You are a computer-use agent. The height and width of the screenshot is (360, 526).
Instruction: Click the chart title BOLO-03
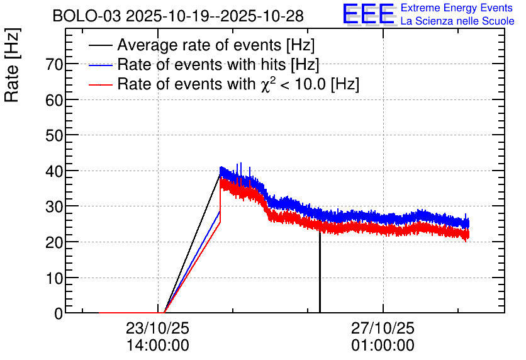point(87,16)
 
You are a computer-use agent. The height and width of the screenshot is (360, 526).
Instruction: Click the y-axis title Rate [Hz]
point(12,65)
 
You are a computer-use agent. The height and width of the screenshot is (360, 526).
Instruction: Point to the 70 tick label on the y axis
point(54,64)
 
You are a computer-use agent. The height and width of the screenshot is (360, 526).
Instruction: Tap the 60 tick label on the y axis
point(54,99)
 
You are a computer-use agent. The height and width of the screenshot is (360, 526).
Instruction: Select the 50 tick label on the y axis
point(54,135)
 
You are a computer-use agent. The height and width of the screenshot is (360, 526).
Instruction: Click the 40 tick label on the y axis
point(54,171)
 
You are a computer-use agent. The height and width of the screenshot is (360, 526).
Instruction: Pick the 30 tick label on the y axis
point(54,206)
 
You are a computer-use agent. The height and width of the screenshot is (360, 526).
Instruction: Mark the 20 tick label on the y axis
point(54,242)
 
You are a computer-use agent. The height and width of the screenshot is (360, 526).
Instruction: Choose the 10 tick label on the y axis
point(54,278)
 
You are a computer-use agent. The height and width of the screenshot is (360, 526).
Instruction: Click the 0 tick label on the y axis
point(59,313)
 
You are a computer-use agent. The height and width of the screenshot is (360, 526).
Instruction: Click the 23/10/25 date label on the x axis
point(158,328)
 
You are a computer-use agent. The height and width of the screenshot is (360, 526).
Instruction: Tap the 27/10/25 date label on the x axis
point(383,328)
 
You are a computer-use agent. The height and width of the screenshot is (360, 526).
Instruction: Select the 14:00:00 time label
point(158,346)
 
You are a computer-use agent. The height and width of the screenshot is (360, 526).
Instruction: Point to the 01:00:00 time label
point(383,346)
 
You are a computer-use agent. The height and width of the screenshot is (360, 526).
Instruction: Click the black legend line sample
point(100,45)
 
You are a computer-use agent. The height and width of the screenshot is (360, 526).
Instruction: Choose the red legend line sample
point(100,84)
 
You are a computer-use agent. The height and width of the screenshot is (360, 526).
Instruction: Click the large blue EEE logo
point(369,14)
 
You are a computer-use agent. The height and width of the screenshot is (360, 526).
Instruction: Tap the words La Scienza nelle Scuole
point(457,21)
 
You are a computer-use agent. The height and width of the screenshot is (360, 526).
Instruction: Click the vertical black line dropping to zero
point(320,272)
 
